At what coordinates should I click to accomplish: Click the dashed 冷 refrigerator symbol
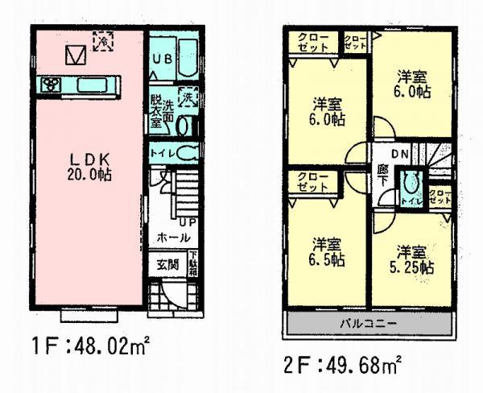pos(103,40)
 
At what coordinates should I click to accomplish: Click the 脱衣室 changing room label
pos(156,114)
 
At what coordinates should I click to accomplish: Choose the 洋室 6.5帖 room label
pos(328,252)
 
